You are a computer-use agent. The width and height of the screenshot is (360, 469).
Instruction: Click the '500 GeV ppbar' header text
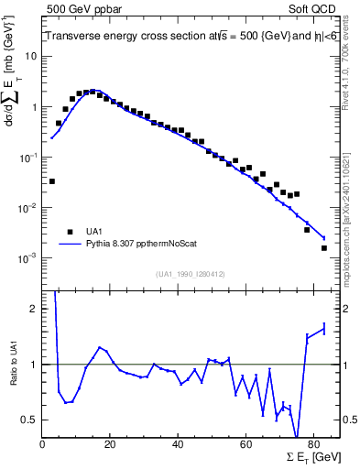(x=80, y=8)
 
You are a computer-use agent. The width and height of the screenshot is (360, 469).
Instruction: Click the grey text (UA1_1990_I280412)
(x=191, y=273)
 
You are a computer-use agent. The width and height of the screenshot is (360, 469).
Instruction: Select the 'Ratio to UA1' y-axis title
(x=15, y=378)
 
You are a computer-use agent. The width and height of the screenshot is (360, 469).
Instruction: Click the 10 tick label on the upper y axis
(x=31, y=56)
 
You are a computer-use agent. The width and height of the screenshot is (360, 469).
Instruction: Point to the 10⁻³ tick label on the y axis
(x=27, y=258)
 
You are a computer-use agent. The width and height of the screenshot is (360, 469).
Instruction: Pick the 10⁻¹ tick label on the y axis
(x=27, y=158)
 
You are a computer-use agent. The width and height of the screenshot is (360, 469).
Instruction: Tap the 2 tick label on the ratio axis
(x=34, y=309)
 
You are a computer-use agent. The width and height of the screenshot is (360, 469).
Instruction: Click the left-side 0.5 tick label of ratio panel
(x=29, y=420)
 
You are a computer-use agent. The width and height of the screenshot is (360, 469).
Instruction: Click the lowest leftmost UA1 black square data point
(x=52, y=181)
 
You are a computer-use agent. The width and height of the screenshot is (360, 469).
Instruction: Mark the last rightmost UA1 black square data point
(x=323, y=248)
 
